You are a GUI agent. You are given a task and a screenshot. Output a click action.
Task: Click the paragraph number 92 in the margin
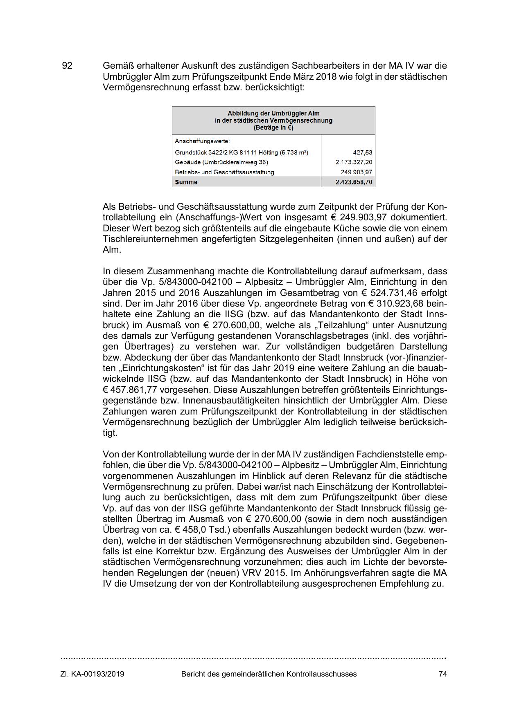click(67, 66)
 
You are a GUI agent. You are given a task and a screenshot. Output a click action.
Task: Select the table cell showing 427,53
click(363, 152)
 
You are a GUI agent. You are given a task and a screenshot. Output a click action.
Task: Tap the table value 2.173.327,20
click(354, 162)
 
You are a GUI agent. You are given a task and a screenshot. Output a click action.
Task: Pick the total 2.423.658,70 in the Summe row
click(354, 182)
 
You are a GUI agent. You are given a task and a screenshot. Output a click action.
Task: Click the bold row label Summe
click(186, 182)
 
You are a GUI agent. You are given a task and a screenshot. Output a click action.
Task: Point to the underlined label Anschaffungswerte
click(202, 141)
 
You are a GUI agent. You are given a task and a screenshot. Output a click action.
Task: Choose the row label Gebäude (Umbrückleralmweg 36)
click(221, 162)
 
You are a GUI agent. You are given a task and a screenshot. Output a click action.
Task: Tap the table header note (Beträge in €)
click(273, 128)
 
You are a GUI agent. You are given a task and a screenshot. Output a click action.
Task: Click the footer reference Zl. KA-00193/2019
click(93, 674)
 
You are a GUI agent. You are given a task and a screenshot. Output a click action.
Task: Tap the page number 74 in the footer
click(443, 674)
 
